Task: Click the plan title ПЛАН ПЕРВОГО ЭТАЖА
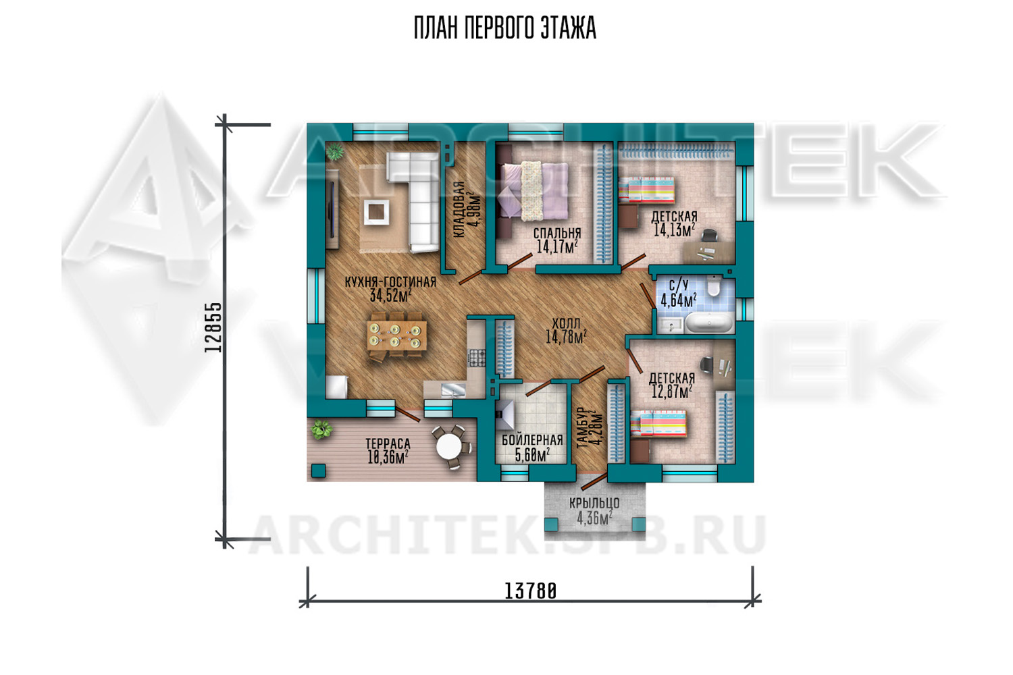[505, 28]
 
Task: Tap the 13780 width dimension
[530, 591]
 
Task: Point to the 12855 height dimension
[213, 327]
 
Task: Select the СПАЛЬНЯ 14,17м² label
[556, 240]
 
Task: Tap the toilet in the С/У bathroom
[713, 286]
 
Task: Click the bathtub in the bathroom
[708, 323]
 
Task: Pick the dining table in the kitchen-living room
[396, 335]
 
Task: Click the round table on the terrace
[448, 446]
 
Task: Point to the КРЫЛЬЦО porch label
[594, 511]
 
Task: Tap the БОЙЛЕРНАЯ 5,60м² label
[532, 448]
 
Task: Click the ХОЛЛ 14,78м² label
[566, 331]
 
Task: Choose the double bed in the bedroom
[533, 190]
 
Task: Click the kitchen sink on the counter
[452, 389]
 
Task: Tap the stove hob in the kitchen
[476, 358]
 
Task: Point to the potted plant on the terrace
[321, 429]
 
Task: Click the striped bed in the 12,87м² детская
[658, 424]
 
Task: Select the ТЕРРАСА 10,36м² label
[388, 451]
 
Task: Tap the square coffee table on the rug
[376, 211]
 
